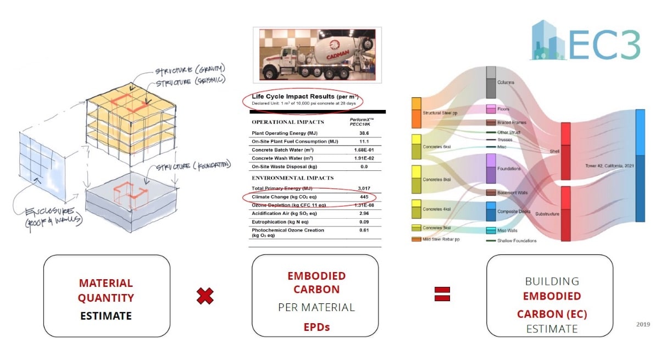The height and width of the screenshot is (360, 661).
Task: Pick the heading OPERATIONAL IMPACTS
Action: click(287, 121)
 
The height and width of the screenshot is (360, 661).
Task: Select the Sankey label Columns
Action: click(506, 83)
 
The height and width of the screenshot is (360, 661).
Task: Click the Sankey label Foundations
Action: click(509, 169)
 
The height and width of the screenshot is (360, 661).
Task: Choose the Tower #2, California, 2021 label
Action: click(609, 165)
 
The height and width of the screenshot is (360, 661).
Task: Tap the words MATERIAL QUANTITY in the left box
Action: click(106, 290)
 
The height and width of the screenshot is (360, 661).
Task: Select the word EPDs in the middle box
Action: click(315, 327)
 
